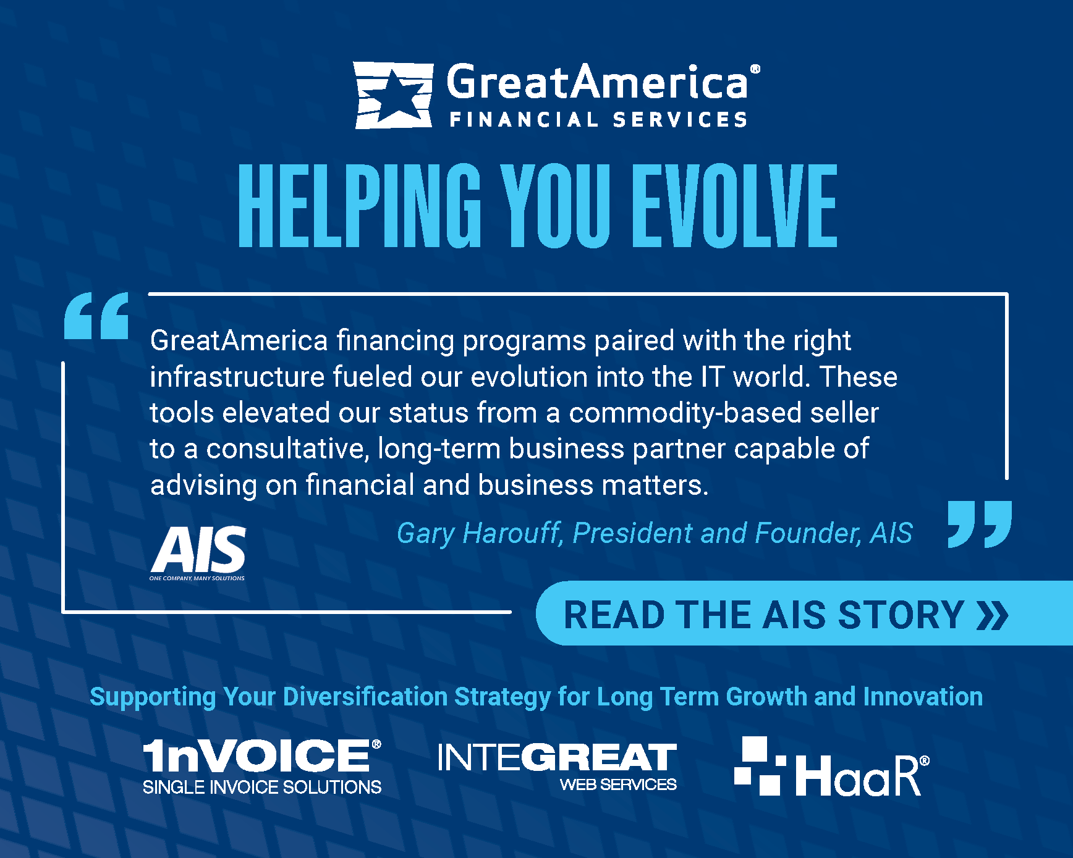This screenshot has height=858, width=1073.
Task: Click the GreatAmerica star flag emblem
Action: (x=393, y=95)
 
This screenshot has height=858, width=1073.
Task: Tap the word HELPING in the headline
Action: (x=360, y=206)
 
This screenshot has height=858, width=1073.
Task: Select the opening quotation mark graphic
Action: (x=96, y=316)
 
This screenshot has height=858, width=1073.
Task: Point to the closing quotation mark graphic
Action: (x=980, y=524)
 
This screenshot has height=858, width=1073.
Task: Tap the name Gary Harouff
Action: (x=479, y=533)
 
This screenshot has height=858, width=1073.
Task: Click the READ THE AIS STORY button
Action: (x=804, y=613)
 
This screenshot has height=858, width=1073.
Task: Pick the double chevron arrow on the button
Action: (x=993, y=615)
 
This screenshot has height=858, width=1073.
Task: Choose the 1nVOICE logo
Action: (x=262, y=767)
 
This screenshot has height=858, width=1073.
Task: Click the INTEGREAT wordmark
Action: (x=557, y=757)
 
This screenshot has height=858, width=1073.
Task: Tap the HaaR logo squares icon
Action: (x=760, y=765)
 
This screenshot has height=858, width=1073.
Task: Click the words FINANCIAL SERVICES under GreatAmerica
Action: (x=598, y=119)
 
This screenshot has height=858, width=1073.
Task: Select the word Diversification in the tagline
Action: (x=365, y=696)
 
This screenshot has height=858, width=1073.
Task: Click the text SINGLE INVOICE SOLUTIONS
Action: (x=262, y=787)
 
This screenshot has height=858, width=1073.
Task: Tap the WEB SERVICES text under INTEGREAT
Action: (x=618, y=784)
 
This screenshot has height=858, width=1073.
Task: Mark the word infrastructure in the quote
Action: (x=237, y=377)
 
